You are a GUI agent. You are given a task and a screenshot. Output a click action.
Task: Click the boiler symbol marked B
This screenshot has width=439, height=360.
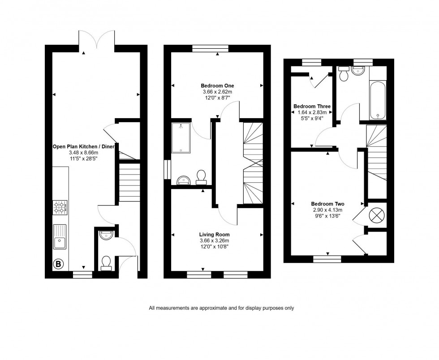coord(58,264)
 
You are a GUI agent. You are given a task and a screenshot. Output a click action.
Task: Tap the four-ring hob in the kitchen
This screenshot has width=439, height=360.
coord(60,206)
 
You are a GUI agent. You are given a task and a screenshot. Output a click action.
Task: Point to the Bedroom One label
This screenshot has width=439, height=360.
coord(217,86)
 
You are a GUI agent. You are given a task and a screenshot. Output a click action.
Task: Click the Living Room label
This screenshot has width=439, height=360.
coord(215,234)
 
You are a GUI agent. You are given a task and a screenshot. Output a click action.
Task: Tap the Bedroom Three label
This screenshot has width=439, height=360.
coord(312,107)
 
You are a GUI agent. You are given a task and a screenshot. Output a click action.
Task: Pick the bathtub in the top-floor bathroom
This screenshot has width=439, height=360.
coord(378,100)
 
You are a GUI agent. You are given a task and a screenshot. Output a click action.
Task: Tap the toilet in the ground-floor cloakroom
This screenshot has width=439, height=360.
coord(106,263)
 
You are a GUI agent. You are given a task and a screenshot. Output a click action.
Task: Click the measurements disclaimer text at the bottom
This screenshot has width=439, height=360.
coord(221,308)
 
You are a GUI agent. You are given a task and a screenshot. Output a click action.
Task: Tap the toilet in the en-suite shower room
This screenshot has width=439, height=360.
coord(201,177)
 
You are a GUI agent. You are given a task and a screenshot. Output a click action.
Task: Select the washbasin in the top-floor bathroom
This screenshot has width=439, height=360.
coord(359,71)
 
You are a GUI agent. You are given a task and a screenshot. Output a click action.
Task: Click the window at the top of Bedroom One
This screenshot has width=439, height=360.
coord(211,48)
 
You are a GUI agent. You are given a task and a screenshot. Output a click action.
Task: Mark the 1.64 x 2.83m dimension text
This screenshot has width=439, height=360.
coord(312,112)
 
